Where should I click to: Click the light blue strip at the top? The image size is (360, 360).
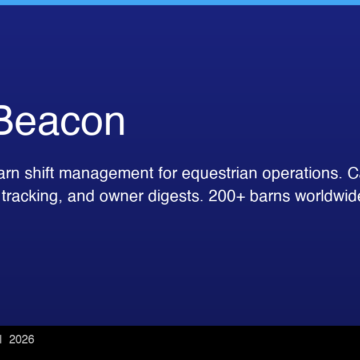(x=180, y=2)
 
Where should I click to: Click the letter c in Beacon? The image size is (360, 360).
(x=69, y=121)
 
